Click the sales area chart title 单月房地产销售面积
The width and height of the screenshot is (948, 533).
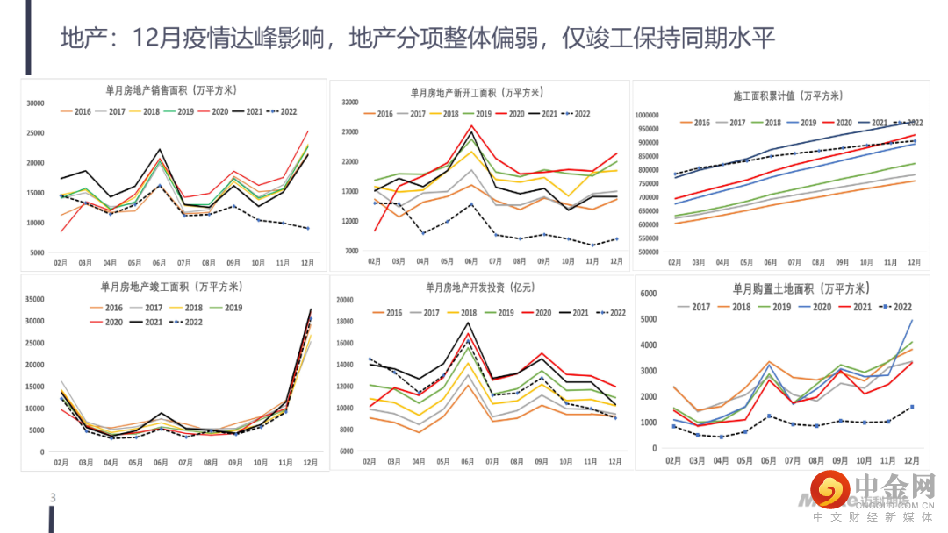pos(171,90)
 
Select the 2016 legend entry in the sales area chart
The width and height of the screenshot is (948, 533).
pos(76,111)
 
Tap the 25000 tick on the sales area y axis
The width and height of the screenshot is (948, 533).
pos(35,133)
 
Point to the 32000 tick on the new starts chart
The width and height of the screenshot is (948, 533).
pos(349,103)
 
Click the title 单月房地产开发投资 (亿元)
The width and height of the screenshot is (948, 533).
pos(480,287)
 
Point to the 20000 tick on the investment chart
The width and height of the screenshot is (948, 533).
pos(346,300)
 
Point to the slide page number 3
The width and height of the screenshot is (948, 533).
pos(53,499)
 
